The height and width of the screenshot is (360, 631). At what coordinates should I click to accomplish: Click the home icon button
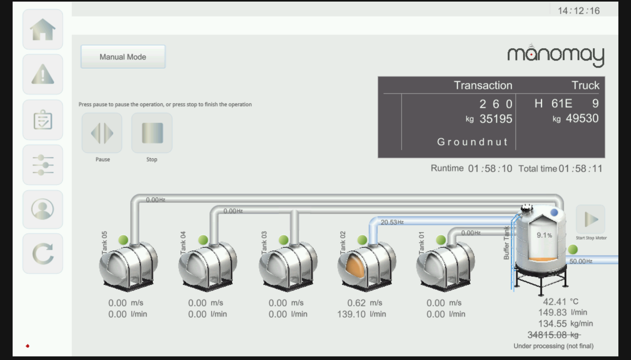click(x=43, y=29)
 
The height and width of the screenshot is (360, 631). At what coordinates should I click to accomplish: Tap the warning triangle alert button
click(x=43, y=75)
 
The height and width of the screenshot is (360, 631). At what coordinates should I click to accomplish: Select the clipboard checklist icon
click(x=43, y=120)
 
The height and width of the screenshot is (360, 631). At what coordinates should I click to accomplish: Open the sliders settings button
click(x=43, y=165)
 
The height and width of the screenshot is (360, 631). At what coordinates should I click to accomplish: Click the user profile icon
click(x=43, y=209)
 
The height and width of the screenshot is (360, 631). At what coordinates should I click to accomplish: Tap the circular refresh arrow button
click(x=43, y=254)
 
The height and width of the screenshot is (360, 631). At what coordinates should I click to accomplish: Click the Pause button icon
click(x=102, y=133)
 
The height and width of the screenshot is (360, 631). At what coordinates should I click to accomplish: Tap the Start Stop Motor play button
click(x=591, y=219)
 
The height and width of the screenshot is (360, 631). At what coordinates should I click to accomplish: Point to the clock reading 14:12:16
click(x=579, y=11)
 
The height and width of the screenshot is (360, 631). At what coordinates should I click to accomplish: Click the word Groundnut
click(x=472, y=142)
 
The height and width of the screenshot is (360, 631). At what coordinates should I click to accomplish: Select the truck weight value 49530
click(x=582, y=118)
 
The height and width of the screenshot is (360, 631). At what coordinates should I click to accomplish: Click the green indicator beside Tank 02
click(x=362, y=240)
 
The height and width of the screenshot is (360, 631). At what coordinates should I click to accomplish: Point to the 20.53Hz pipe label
click(x=392, y=222)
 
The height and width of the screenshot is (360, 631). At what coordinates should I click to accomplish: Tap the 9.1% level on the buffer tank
click(x=544, y=235)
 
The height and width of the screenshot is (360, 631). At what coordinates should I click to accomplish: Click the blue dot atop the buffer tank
click(x=554, y=213)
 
